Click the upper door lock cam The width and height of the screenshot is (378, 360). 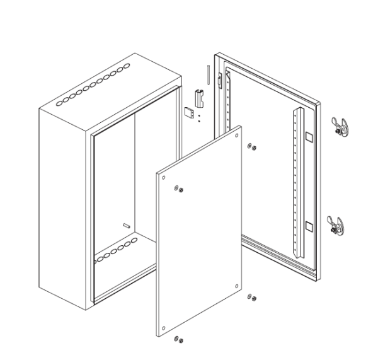point(340,126)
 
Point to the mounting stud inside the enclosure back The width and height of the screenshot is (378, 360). point(126,225)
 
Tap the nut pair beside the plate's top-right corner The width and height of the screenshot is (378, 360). point(252,148)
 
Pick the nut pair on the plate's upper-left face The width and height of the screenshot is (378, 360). point(179,190)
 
